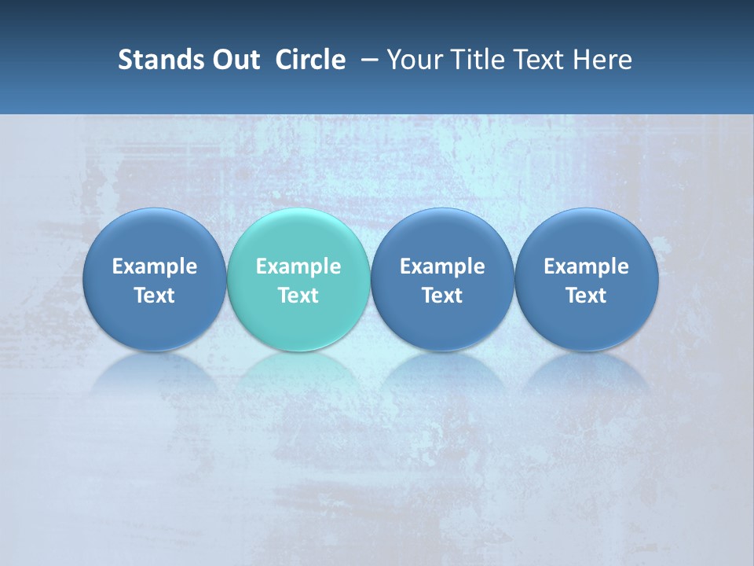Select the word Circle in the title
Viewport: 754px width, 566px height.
[x=310, y=60]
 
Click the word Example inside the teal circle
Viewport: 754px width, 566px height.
[x=298, y=266]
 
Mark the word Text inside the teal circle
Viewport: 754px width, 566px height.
[x=298, y=296]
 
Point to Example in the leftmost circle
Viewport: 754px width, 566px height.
[x=154, y=266]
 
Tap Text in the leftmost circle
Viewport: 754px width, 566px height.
[x=154, y=296]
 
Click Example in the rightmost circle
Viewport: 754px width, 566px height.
[x=587, y=266]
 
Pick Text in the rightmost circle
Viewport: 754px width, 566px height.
[x=587, y=296]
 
